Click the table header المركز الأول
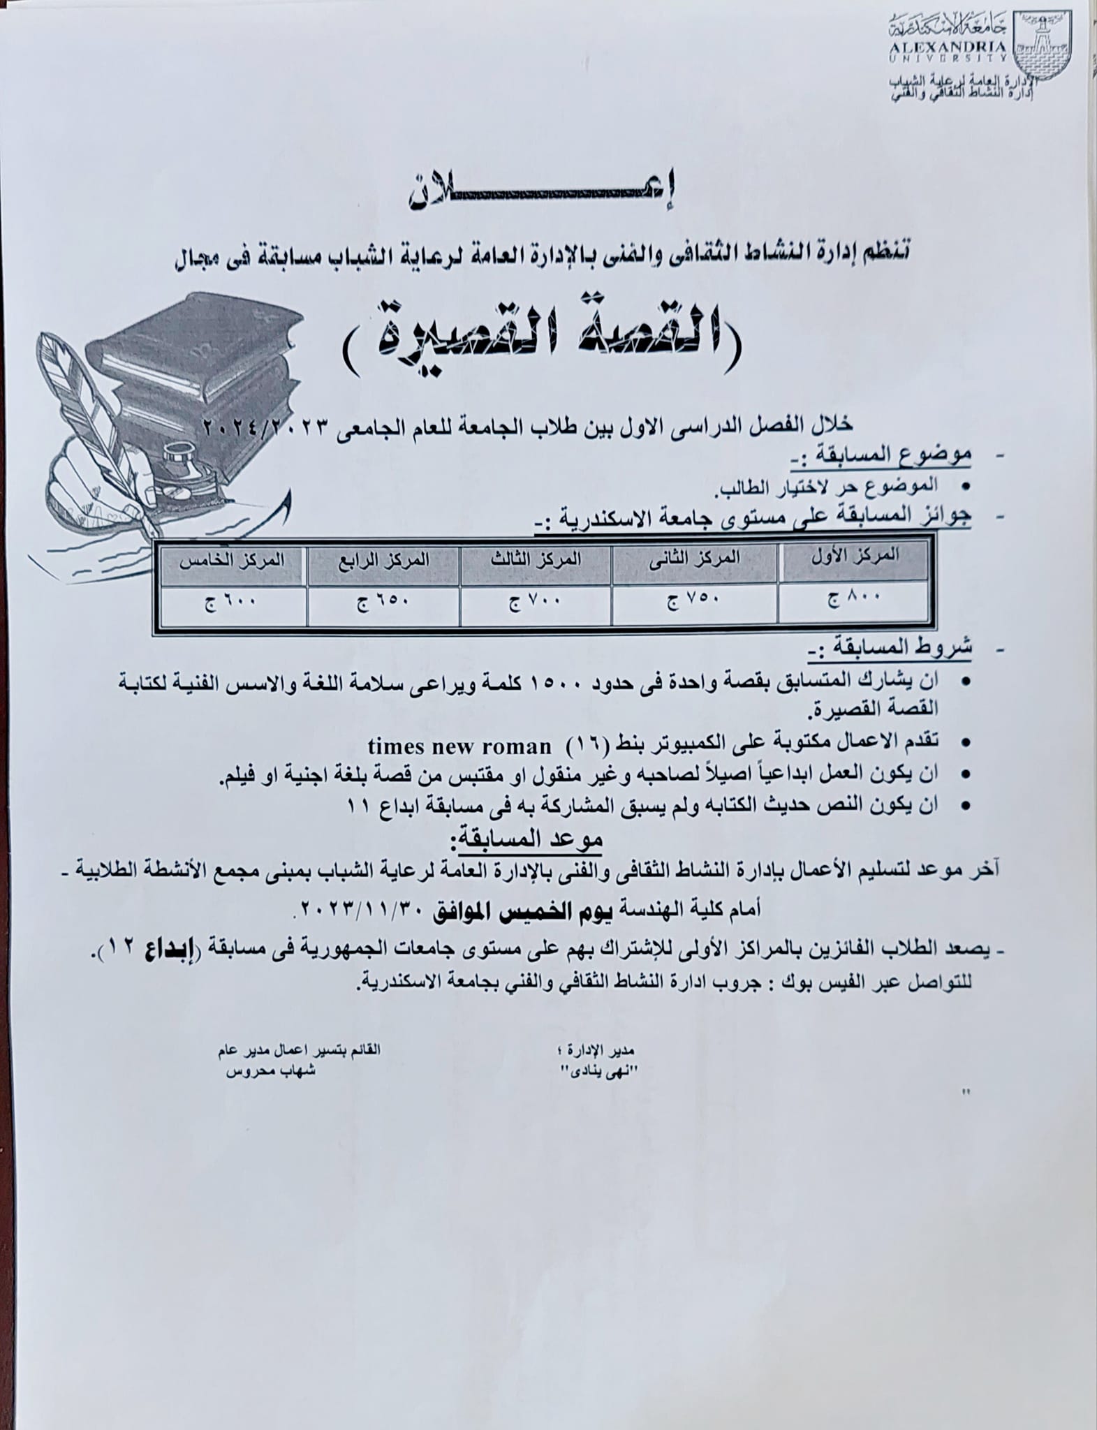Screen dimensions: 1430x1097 point(854,556)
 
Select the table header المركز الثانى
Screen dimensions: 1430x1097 point(695,558)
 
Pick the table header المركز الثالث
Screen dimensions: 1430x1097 point(536,558)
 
